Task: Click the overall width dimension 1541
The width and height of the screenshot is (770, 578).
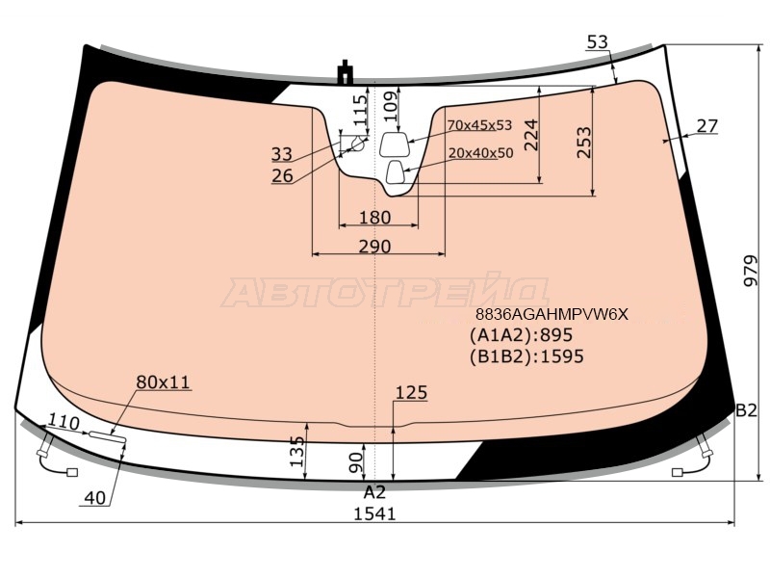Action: coord(374,513)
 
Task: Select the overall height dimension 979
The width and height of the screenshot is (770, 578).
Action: coord(751,271)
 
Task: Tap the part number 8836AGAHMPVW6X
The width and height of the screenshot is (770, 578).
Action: coord(552,314)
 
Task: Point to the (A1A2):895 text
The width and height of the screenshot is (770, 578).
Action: coord(521,335)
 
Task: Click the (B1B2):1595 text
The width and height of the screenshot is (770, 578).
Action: coord(526,356)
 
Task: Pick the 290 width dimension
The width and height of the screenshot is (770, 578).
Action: coord(374,247)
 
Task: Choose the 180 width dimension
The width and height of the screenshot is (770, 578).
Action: coord(374,218)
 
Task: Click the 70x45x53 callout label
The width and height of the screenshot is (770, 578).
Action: coord(479,125)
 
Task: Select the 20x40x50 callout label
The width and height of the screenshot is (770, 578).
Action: coord(480,153)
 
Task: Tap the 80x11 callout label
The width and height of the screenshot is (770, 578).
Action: coord(163,382)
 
